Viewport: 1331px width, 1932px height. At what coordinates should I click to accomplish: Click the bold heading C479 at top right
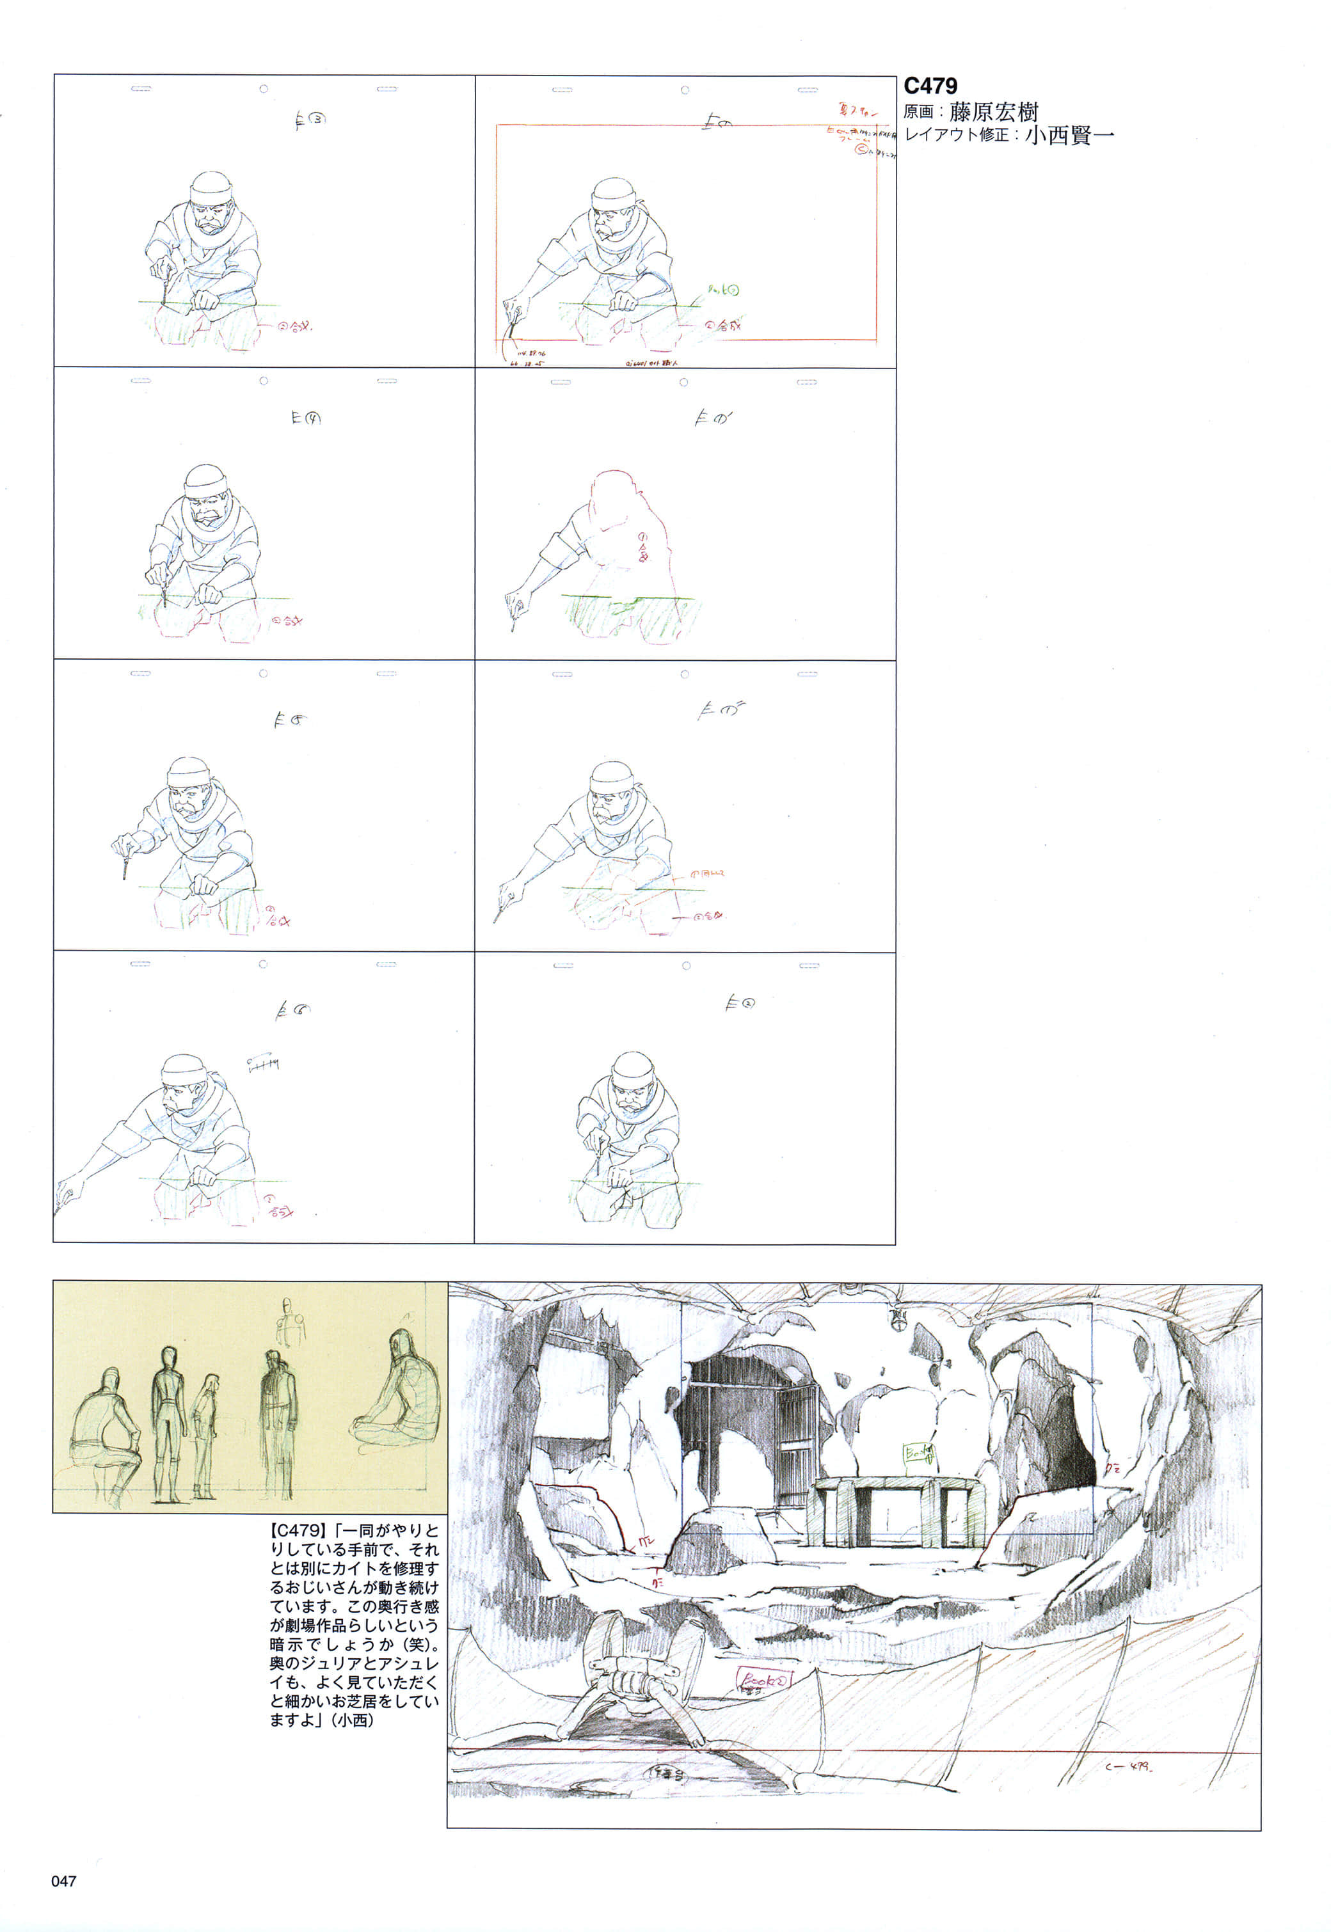pyautogui.click(x=930, y=86)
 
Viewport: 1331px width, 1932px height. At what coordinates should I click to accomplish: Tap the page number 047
pyautogui.click(x=64, y=1880)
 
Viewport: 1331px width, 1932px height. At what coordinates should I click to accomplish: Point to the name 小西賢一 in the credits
pyautogui.click(x=1069, y=135)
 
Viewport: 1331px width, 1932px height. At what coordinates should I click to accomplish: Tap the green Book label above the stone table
pyautogui.click(x=916, y=1454)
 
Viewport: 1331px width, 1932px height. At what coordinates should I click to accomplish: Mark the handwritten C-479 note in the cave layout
pyautogui.click(x=1128, y=1766)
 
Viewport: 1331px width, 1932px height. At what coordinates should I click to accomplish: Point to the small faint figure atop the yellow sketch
pyautogui.click(x=288, y=1322)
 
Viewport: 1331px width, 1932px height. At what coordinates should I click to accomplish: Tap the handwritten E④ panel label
pyautogui.click(x=306, y=418)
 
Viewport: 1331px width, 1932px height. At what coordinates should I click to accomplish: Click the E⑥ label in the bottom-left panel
pyautogui.click(x=292, y=1011)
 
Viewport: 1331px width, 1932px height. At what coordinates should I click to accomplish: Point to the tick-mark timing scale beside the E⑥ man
pyautogui.click(x=263, y=1063)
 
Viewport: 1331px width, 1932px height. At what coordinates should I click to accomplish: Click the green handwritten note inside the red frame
pyautogui.click(x=723, y=290)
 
